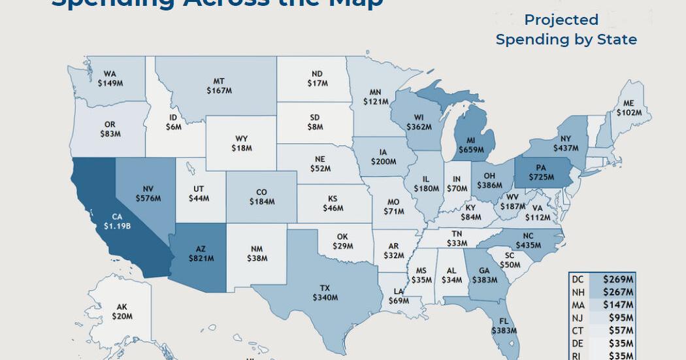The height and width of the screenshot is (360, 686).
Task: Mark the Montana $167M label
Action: (219, 86)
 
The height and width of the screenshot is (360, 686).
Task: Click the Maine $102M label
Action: (629, 108)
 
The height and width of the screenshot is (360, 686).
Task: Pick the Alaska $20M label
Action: (122, 312)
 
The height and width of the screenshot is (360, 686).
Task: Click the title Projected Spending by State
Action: (566, 30)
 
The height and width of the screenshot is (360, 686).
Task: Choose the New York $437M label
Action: (566, 144)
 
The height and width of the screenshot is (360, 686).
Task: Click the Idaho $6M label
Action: (173, 123)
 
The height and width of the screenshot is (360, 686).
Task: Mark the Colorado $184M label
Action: (261, 197)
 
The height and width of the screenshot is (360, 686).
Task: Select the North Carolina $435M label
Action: (528, 240)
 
